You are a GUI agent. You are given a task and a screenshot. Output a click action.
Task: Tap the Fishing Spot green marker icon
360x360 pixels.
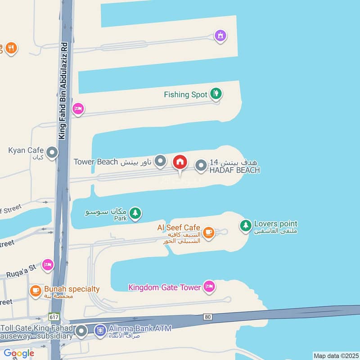pos(216,94)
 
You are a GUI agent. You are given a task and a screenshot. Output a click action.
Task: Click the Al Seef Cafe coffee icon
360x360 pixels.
pos(208,232)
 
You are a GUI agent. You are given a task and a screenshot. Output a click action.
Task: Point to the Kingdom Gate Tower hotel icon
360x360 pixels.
pos(209,286)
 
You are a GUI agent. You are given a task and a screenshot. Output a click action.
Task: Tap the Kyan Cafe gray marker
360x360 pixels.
pos(52,153)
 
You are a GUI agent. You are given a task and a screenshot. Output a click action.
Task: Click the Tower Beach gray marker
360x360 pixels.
pos(160,161)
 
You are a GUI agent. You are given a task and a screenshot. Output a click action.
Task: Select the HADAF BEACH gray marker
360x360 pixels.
pos(201,166)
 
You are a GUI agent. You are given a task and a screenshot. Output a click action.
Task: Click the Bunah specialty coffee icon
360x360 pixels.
pos(35,291)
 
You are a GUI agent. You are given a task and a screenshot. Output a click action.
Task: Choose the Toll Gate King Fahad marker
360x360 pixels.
pos(81,332)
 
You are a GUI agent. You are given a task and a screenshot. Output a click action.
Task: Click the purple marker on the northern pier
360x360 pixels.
pos(220,35)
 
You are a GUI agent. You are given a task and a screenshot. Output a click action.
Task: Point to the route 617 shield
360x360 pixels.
pos(54,317)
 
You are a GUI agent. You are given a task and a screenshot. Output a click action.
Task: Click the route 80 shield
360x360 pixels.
pos(207,317)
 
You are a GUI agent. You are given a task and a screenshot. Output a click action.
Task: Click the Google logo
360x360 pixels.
pos(18,353)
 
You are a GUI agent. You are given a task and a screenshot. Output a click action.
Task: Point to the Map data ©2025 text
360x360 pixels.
pos(335,356)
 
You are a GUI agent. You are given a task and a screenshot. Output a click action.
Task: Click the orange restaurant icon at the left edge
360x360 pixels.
pos(11,48)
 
